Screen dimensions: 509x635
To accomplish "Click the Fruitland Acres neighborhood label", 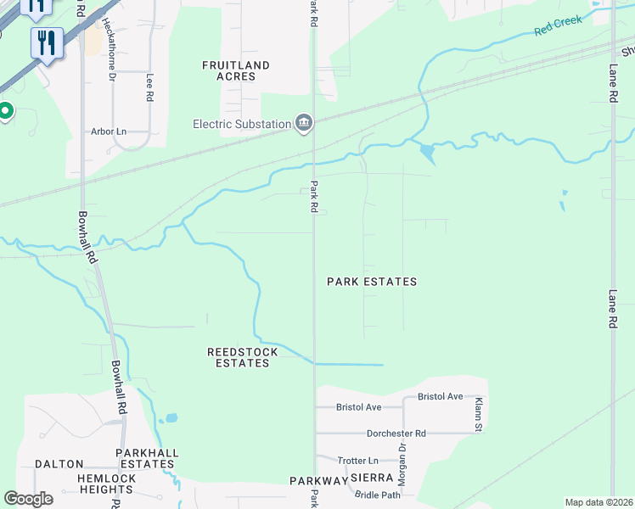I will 235,70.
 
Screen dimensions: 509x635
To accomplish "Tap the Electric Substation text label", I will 242,125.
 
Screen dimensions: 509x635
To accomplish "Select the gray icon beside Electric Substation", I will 304,125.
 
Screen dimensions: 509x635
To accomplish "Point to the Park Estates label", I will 373,281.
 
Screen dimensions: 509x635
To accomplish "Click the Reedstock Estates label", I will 239,357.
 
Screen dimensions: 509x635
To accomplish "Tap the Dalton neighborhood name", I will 59,464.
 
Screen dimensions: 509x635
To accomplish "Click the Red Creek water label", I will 559,25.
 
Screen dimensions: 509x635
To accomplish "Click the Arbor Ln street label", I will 109,131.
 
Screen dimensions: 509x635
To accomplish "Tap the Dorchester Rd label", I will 396,433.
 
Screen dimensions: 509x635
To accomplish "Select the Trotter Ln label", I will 357,460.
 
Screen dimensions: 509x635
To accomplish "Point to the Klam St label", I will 478,413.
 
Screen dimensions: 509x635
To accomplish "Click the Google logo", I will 28,499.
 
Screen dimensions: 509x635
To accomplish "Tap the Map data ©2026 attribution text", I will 598,502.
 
